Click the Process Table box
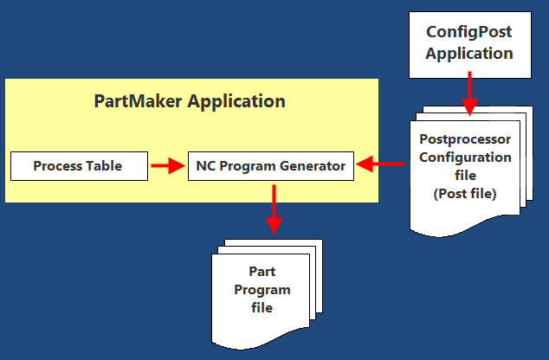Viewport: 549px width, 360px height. pos(77,165)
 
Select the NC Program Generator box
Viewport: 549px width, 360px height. pos(270,165)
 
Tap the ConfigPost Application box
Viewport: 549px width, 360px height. pos(469,42)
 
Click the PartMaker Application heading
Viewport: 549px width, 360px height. pos(189,101)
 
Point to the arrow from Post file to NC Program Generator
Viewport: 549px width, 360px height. pos(382,164)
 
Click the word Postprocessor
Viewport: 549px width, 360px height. pos(465,139)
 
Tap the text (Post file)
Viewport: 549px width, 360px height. pos(464,194)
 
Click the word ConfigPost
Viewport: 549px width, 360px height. pos(469,32)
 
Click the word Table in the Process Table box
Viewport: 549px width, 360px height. pos(105,165)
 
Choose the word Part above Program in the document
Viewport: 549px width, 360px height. pos(262,272)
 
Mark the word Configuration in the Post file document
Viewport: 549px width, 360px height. pos(464,157)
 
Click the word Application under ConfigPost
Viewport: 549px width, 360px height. pos(469,53)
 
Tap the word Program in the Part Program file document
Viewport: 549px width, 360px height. pos(262,290)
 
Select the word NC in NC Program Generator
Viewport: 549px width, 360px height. pos(205,165)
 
